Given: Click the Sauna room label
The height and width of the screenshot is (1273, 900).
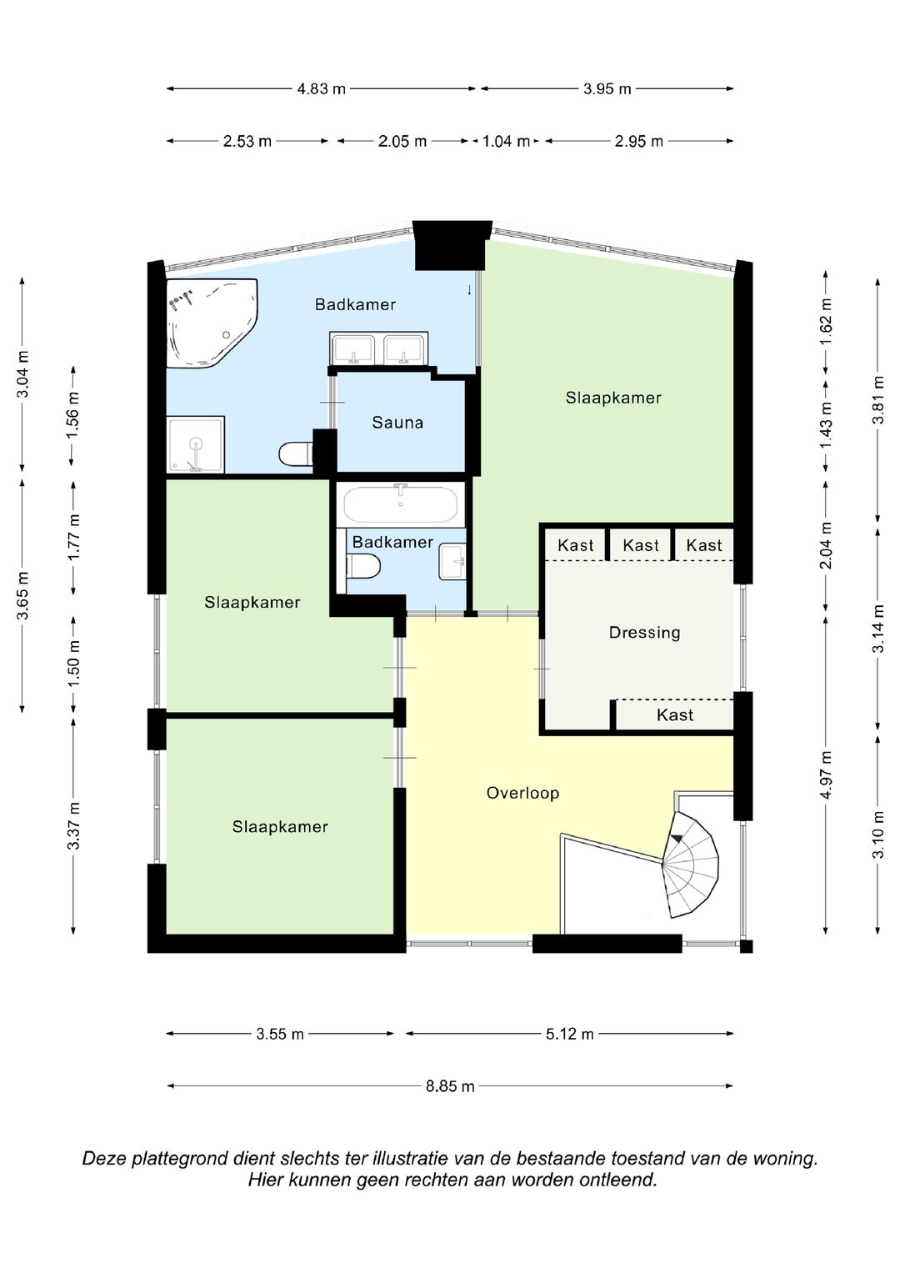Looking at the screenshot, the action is (397, 423).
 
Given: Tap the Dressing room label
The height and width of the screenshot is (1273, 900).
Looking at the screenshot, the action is (644, 633).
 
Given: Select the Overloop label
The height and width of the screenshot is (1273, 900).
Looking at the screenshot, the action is (522, 793).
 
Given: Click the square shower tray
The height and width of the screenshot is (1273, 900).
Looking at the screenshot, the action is (196, 444).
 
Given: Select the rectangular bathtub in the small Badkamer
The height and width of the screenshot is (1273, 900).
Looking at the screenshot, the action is (401, 504).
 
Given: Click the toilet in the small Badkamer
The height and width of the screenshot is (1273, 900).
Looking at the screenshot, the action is (362, 566).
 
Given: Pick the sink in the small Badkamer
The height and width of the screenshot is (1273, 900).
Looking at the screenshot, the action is (452, 562).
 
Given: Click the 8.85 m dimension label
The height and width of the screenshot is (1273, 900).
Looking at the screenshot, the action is (450, 1086).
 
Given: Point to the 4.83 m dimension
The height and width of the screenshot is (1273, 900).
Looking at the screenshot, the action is (322, 88).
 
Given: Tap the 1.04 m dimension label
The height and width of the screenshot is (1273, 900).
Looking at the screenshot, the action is (507, 141).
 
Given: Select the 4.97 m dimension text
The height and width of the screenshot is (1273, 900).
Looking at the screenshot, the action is (826, 774).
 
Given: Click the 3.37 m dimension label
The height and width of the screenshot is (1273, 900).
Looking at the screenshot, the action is (74, 825).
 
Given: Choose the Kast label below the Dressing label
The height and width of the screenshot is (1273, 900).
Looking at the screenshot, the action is (675, 715).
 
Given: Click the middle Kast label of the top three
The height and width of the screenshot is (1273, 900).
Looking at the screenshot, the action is (640, 545).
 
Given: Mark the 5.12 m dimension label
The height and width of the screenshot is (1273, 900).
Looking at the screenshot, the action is (570, 1035).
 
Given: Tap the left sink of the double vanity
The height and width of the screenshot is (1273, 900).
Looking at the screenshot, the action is (353, 350).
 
